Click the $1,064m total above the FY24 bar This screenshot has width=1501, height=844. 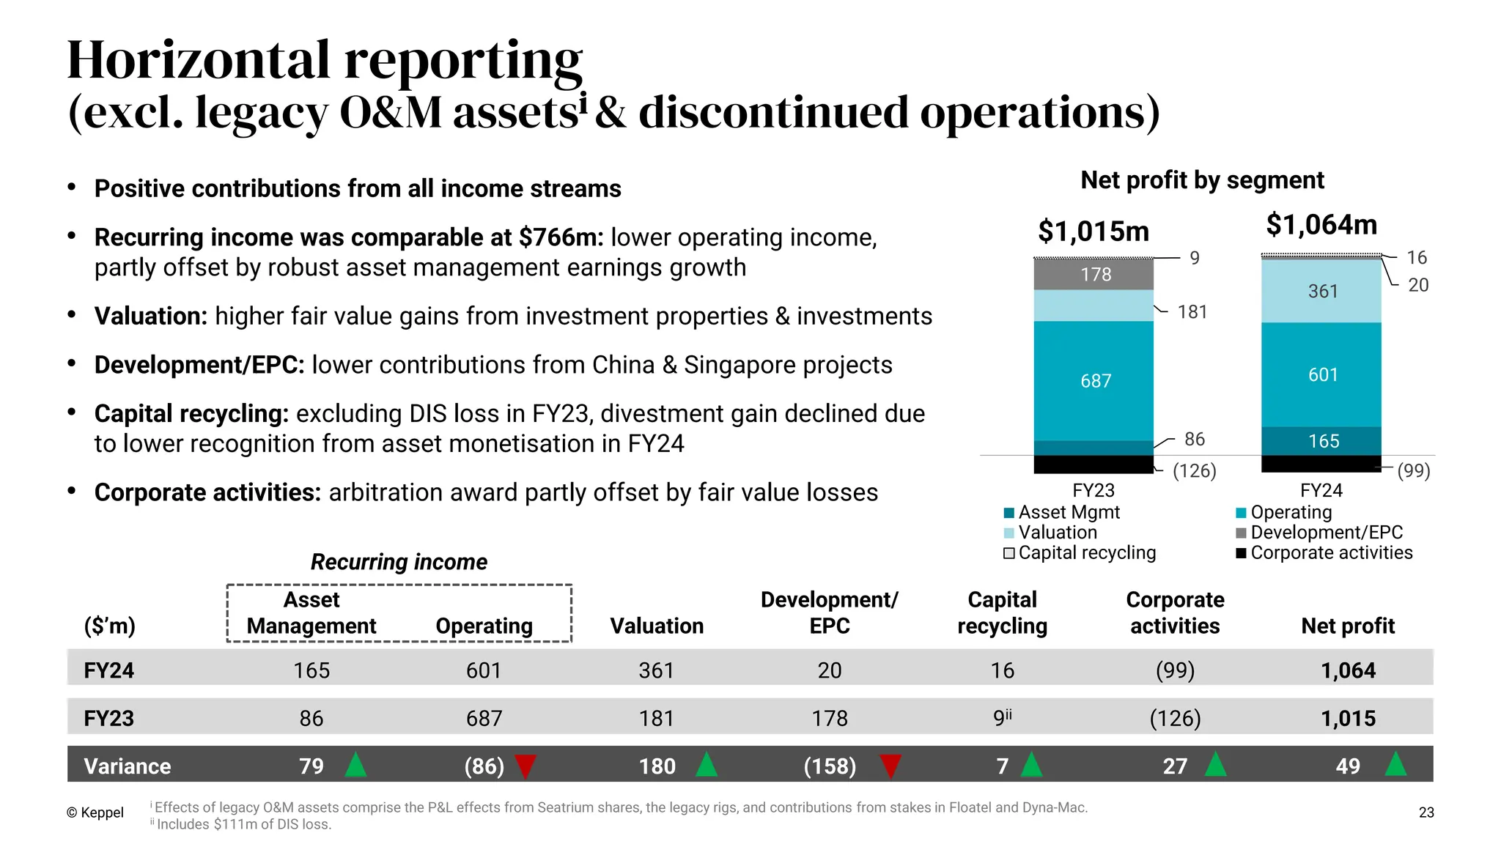tap(1321, 225)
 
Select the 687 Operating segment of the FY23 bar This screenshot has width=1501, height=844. tap(1095, 381)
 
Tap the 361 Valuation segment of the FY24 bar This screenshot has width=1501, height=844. tap(1322, 292)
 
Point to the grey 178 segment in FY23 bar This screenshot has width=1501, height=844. tap(1095, 275)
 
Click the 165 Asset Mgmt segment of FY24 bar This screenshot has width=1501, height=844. tap(1323, 441)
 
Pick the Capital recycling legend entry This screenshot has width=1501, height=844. tap(1080, 553)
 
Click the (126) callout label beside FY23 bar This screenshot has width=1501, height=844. tap(1194, 471)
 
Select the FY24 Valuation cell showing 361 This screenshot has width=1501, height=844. tap(656, 670)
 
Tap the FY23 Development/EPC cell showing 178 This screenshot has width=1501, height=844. tap(829, 718)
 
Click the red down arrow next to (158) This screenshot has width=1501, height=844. tap(890, 766)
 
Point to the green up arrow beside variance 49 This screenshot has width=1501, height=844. tap(1395, 765)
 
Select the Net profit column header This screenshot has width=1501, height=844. tap(1347, 626)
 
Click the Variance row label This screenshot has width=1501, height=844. tap(127, 766)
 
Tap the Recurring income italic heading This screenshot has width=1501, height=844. tap(399, 562)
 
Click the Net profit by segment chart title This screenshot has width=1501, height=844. tap(1202, 180)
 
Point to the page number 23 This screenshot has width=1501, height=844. tap(1426, 812)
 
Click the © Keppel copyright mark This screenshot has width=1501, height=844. tap(95, 812)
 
